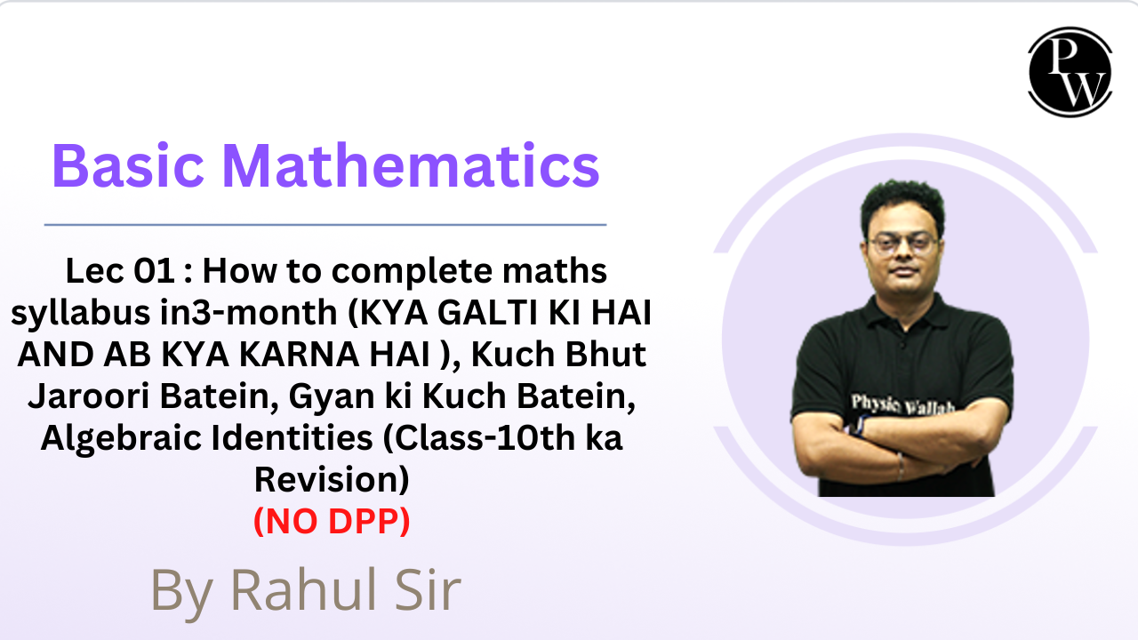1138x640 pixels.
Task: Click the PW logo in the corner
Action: pos(1070,72)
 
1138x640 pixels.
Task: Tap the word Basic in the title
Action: pos(128,166)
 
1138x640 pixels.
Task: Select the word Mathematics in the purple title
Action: pos(411,166)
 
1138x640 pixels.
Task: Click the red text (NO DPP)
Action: pos(332,521)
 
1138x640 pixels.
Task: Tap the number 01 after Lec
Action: pos(155,271)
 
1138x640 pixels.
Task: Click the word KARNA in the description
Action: pos(299,354)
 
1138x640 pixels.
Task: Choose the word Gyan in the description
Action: pos(333,397)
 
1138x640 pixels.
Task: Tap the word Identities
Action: pos(292,438)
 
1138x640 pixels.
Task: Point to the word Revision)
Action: pos(332,480)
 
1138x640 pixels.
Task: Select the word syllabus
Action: pos(80,314)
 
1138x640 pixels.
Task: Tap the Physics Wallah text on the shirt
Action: pos(902,404)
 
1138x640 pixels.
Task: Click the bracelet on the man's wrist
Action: pos(901,467)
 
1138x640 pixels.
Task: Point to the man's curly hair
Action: pos(902,204)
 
